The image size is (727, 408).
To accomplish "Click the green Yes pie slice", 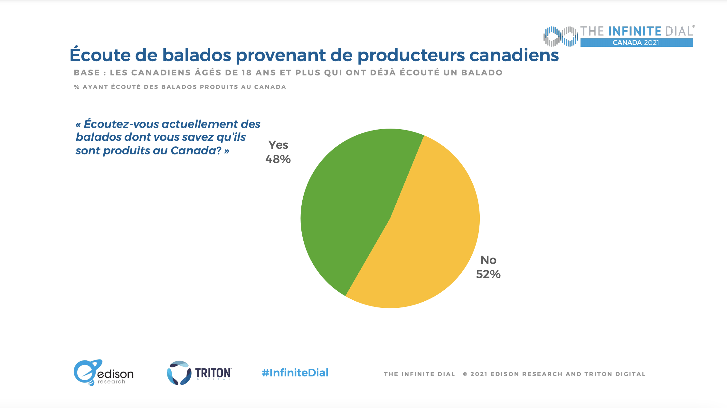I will (x=348, y=206).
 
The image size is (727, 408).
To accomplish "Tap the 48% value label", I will (x=278, y=159).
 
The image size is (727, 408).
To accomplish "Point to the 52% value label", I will (x=488, y=274).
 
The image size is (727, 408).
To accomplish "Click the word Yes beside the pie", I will (x=278, y=145).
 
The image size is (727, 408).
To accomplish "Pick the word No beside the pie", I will (x=488, y=260).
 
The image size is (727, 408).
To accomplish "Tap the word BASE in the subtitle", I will (x=87, y=73).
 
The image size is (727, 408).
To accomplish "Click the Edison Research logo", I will (x=103, y=373).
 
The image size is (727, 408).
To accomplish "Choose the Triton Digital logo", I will (x=199, y=373).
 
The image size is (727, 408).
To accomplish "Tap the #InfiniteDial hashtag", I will (x=295, y=373).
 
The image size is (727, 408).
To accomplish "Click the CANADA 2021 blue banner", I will (x=636, y=43).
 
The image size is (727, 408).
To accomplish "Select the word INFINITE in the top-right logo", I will (x=635, y=31).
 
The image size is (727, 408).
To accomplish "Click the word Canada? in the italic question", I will (x=196, y=151).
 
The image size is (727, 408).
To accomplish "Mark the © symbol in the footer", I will (x=465, y=374).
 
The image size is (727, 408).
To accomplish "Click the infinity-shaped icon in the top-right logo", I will (x=561, y=36).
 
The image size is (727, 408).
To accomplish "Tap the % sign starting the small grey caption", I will (x=76, y=87).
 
